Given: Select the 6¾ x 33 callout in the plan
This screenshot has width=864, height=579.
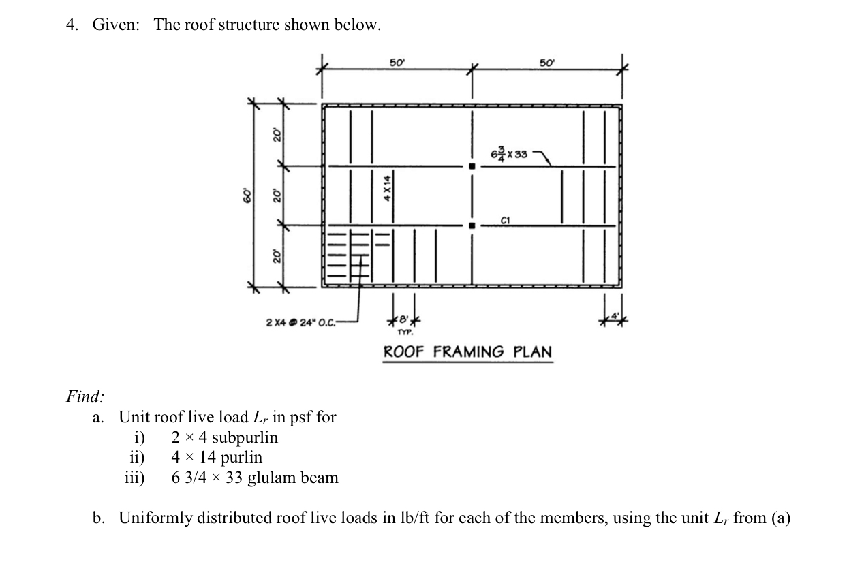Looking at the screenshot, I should click(x=509, y=154).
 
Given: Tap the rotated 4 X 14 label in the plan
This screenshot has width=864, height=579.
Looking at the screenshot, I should click(x=387, y=189).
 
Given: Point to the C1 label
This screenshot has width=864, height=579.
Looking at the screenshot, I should click(x=505, y=220).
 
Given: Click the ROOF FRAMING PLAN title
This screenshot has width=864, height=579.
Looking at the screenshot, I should click(x=467, y=352).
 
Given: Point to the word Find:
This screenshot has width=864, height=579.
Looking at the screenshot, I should click(x=85, y=396).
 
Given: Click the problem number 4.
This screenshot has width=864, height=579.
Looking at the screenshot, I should click(x=70, y=25).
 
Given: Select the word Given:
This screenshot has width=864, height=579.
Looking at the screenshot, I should click(x=117, y=25).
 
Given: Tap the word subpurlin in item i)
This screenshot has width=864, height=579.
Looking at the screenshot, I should click(x=245, y=437).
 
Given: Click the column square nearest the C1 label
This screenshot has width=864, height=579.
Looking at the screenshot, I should click(x=471, y=225).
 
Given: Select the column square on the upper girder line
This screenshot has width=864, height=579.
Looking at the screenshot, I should click(x=471, y=166).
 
